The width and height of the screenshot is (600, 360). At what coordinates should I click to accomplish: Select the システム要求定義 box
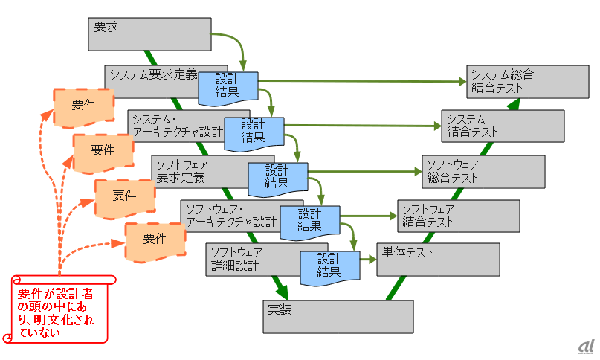[152, 74]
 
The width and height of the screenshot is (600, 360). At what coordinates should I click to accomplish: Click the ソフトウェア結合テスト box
[457, 215]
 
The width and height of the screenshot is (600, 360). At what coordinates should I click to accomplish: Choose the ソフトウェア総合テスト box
[483, 171]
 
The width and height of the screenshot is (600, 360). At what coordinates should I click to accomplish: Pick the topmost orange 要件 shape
[83, 105]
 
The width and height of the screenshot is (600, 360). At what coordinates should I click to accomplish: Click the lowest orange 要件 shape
[155, 240]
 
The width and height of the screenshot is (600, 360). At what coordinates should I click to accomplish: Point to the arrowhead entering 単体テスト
[371, 260]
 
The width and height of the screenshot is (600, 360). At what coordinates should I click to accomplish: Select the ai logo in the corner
[586, 347]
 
